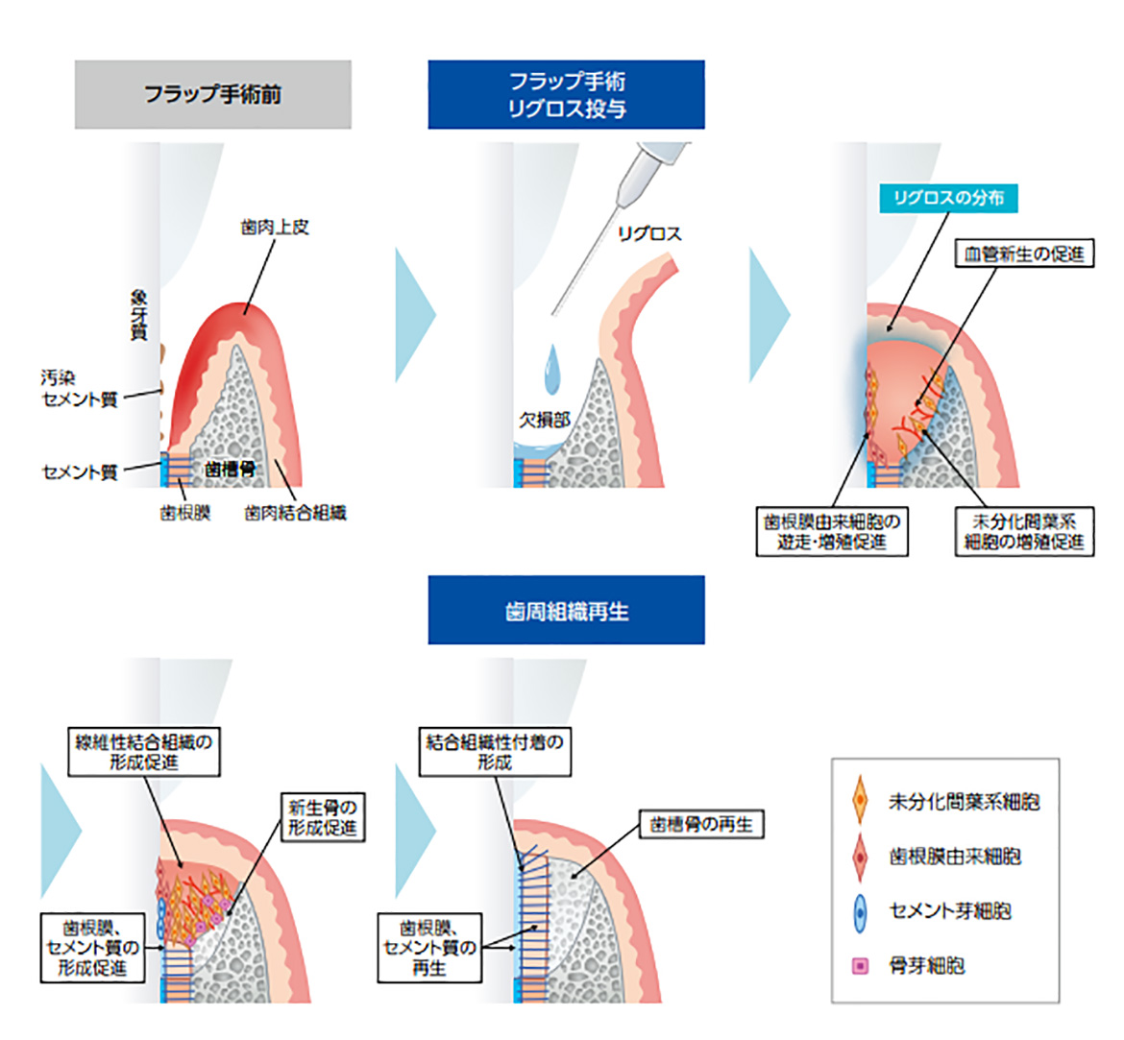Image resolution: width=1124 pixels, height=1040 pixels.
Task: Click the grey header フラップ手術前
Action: (212, 94)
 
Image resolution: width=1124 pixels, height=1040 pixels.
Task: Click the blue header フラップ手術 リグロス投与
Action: (566, 94)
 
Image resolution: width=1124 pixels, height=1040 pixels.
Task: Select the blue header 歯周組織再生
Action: (566, 611)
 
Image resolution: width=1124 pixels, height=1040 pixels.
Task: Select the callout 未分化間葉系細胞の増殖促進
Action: (1024, 532)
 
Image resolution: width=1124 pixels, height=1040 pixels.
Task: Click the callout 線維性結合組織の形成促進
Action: (145, 752)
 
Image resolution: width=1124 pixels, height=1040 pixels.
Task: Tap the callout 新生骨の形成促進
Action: (322, 817)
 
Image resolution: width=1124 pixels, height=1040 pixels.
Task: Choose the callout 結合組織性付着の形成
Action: (495, 752)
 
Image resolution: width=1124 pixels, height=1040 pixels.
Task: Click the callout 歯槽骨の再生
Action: (701, 824)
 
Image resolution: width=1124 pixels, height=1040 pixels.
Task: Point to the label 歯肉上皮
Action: (275, 228)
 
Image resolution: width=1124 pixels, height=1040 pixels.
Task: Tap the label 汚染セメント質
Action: (79, 388)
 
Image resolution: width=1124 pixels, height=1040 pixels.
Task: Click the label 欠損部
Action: (545, 420)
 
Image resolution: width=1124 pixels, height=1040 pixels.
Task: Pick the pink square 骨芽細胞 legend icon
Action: (860, 966)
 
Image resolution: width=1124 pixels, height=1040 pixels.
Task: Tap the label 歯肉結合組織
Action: (295, 513)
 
